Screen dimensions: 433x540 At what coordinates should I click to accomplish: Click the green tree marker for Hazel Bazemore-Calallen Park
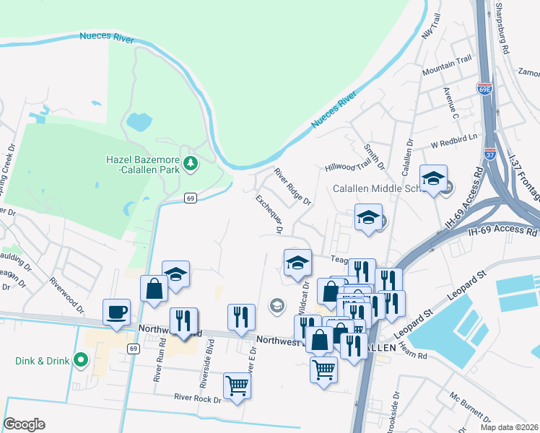[191, 164]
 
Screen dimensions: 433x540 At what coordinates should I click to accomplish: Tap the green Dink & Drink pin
[81, 359]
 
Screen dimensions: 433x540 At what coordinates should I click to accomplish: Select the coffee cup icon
[117, 313]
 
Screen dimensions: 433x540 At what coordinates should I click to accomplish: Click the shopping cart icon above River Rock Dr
[237, 386]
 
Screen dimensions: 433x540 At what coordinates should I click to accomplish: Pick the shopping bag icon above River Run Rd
[154, 289]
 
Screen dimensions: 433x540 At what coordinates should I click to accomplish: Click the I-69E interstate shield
[484, 89]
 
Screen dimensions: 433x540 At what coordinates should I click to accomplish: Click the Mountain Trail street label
[447, 66]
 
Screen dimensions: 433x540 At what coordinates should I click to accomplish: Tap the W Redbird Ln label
[455, 137]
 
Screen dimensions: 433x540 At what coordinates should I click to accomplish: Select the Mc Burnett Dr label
[464, 408]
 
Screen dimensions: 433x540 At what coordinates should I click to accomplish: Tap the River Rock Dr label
[196, 397]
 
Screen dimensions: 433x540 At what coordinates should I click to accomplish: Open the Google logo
[24, 424]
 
